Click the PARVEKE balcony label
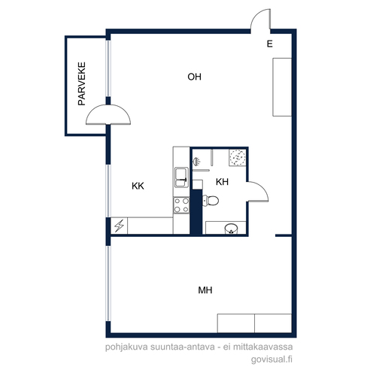click(82, 83)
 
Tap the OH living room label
click(194, 77)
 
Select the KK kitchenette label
click(138, 186)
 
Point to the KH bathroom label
click(222, 182)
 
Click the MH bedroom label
click(205, 290)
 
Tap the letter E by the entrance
click(270, 44)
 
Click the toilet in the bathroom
click(211, 201)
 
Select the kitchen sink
click(181, 177)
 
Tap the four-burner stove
click(181, 205)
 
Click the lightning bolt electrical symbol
click(119, 226)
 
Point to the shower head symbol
click(196, 161)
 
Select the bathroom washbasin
click(231, 229)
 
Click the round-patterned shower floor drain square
click(238, 157)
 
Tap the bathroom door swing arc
click(262, 187)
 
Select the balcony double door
click(108, 114)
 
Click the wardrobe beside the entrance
click(282, 87)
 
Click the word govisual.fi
click(271, 359)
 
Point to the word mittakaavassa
click(263, 347)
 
